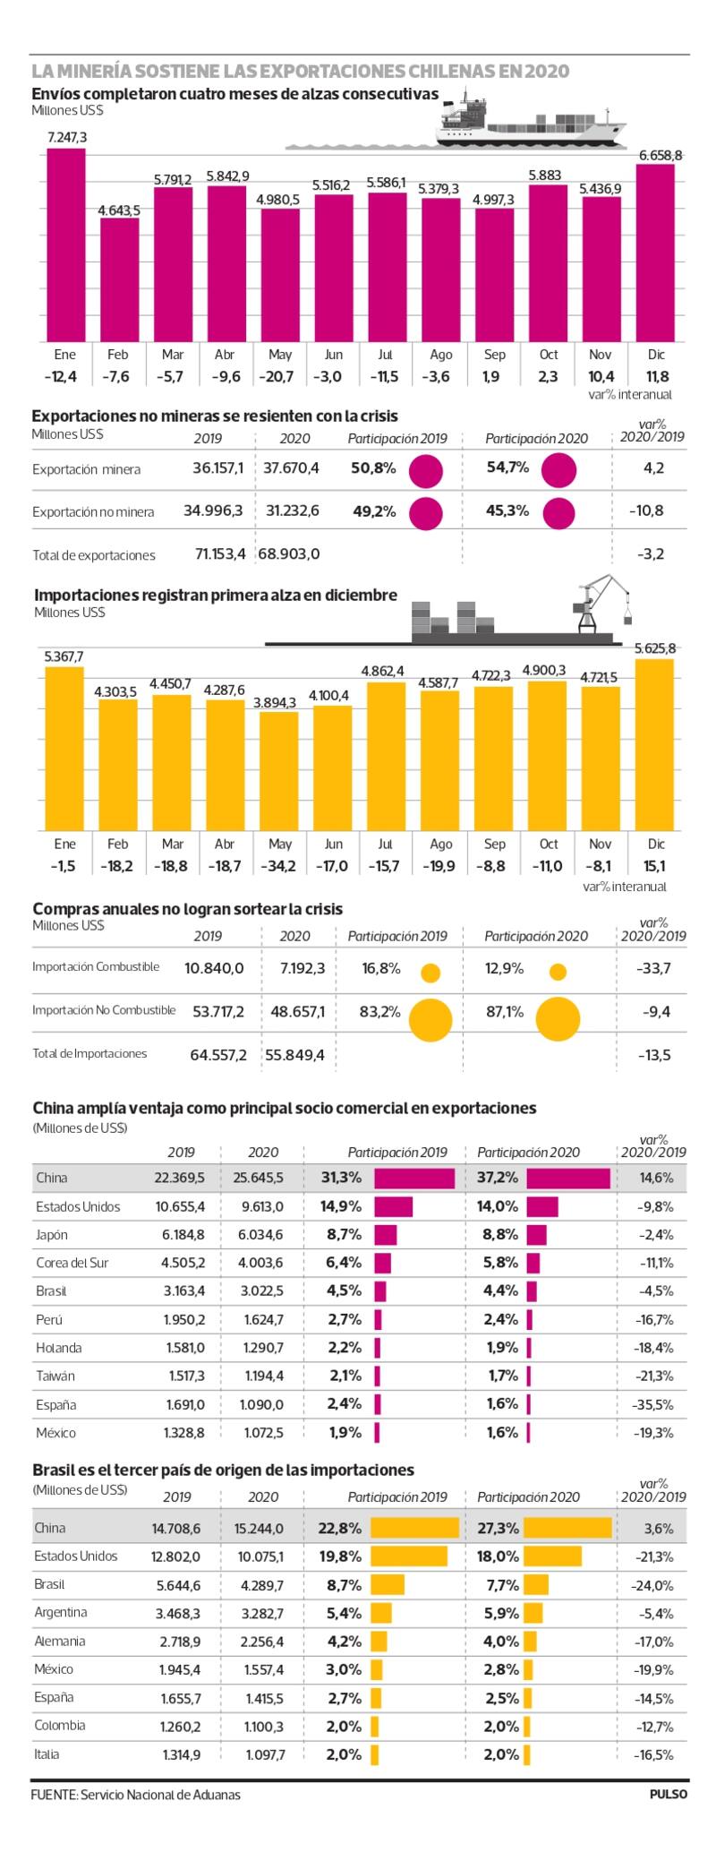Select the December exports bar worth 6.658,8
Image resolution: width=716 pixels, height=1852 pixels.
pos(656,253)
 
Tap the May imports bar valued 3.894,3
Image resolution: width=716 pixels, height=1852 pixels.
pos(279,771)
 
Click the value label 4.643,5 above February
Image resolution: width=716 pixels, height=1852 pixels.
pos(119,210)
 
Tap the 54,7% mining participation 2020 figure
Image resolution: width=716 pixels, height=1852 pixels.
pos(507,467)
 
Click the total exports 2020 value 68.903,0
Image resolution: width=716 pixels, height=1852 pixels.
pos(290,554)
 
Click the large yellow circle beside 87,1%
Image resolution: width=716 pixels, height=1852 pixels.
pos(558,1019)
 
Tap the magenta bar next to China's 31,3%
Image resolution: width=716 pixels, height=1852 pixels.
pos(414,1178)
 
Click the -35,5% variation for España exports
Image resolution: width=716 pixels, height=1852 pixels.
pos(653,1404)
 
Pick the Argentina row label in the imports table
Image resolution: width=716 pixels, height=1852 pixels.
pos(61,1612)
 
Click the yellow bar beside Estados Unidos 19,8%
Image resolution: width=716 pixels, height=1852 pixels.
pos(409,1556)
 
